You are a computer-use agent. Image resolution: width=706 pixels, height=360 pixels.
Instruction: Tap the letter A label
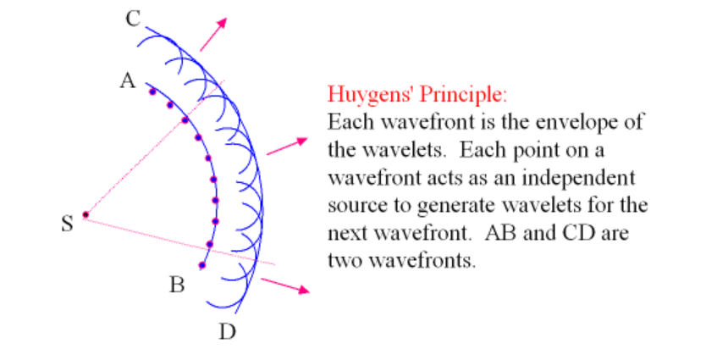(x=128, y=81)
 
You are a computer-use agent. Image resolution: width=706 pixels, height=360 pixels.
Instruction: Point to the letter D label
(x=226, y=331)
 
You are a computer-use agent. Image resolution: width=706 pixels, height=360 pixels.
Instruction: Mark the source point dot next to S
(x=85, y=214)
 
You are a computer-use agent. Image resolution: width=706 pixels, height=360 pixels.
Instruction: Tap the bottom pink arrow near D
(x=284, y=286)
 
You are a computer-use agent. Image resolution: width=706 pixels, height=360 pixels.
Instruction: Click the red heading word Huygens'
(x=367, y=94)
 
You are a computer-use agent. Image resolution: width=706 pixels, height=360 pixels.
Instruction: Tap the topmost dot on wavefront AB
(x=152, y=91)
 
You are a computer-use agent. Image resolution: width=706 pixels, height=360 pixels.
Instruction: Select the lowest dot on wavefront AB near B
(x=201, y=266)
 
